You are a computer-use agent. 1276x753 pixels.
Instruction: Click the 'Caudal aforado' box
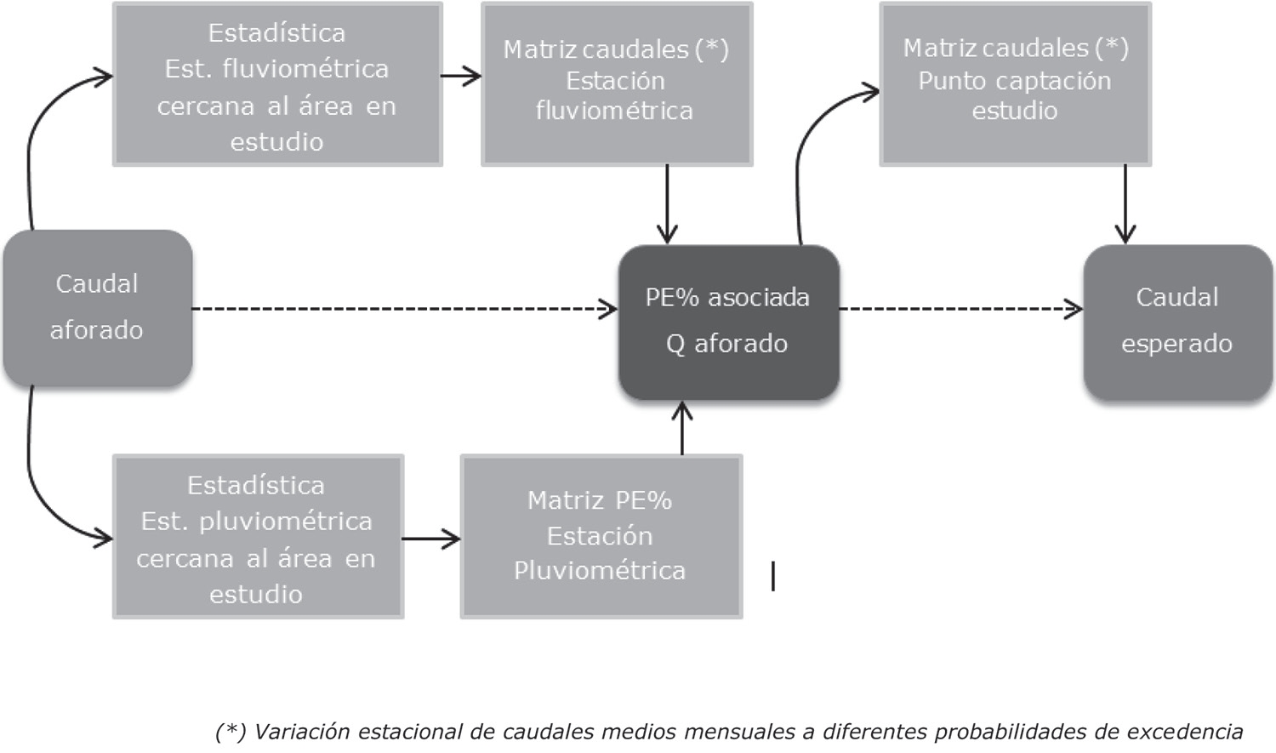point(97,307)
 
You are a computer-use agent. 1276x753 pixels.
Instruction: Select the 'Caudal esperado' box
point(1177,321)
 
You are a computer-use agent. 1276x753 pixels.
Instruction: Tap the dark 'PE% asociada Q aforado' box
point(728,321)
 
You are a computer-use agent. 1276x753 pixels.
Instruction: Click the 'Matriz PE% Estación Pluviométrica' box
point(601,535)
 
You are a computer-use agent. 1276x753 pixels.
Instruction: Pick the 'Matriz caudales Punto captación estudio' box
point(1015,82)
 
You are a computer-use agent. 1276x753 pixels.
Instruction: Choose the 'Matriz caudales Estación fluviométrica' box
point(616,82)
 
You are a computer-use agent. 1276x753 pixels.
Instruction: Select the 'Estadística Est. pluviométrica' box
point(257,537)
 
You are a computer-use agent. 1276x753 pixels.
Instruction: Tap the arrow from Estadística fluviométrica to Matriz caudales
point(461,77)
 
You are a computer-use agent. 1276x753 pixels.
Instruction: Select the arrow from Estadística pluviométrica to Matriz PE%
point(431,539)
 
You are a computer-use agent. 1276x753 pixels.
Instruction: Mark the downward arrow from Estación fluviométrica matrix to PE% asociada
point(668,204)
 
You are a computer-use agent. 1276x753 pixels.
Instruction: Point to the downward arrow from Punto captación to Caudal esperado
point(1125,204)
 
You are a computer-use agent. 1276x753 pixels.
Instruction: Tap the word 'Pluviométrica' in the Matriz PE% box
point(600,570)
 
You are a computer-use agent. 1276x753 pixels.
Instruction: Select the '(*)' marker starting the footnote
point(231,731)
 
